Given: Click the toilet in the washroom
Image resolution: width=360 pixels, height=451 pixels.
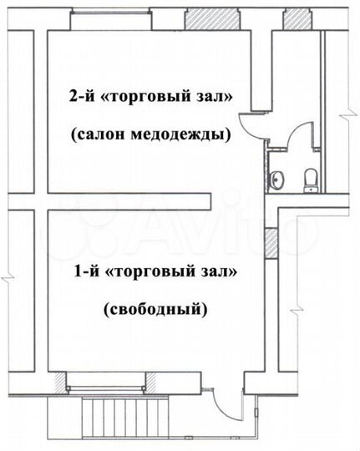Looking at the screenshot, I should (311, 178).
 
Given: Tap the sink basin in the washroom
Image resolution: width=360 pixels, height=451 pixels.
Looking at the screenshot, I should (278, 178).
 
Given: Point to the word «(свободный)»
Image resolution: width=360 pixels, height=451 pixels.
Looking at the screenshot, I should (155, 310).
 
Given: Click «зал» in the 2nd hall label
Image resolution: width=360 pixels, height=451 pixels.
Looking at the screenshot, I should (217, 95).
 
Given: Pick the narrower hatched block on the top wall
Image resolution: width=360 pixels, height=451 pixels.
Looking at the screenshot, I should (295, 18).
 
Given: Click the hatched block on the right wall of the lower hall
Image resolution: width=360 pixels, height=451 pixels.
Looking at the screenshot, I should (271, 242).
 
